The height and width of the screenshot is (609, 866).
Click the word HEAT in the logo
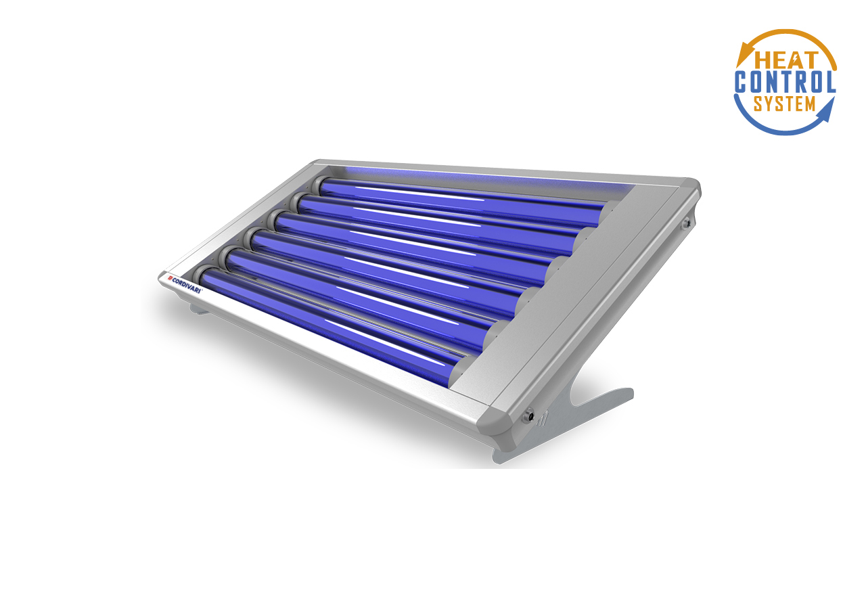(786, 60)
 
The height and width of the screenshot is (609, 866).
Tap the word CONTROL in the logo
(785, 82)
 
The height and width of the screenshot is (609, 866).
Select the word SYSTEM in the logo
(784, 104)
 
